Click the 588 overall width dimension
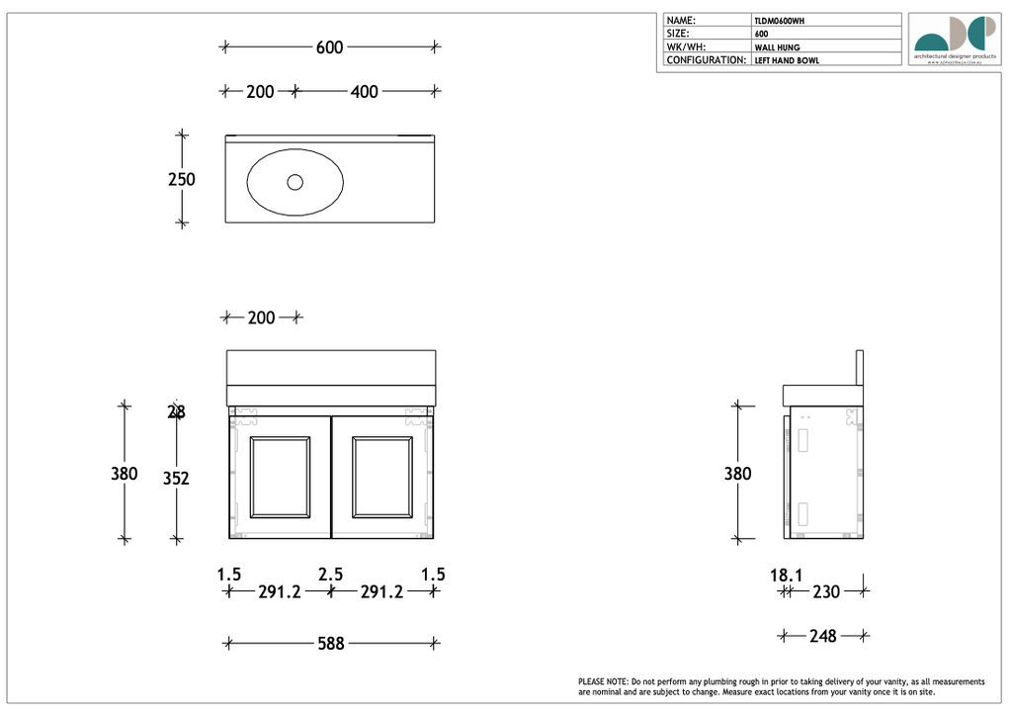(x=330, y=644)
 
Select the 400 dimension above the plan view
(x=364, y=92)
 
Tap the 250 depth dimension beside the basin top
(x=182, y=180)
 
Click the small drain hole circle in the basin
(x=295, y=182)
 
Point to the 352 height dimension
(x=176, y=479)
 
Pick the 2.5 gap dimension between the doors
(x=330, y=575)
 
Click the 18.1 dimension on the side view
(x=786, y=575)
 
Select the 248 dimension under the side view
(x=822, y=637)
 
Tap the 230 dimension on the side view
(x=825, y=592)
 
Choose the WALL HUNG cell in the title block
(x=777, y=47)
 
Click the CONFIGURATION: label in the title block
(x=706, y=60)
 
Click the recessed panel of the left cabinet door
(x=281, y=477)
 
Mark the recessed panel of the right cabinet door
(x=382, y=477)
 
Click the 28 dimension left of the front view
(x=176, y=412)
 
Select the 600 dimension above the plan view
(x=330, y=47)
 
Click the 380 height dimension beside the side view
(x=737, y=474)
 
